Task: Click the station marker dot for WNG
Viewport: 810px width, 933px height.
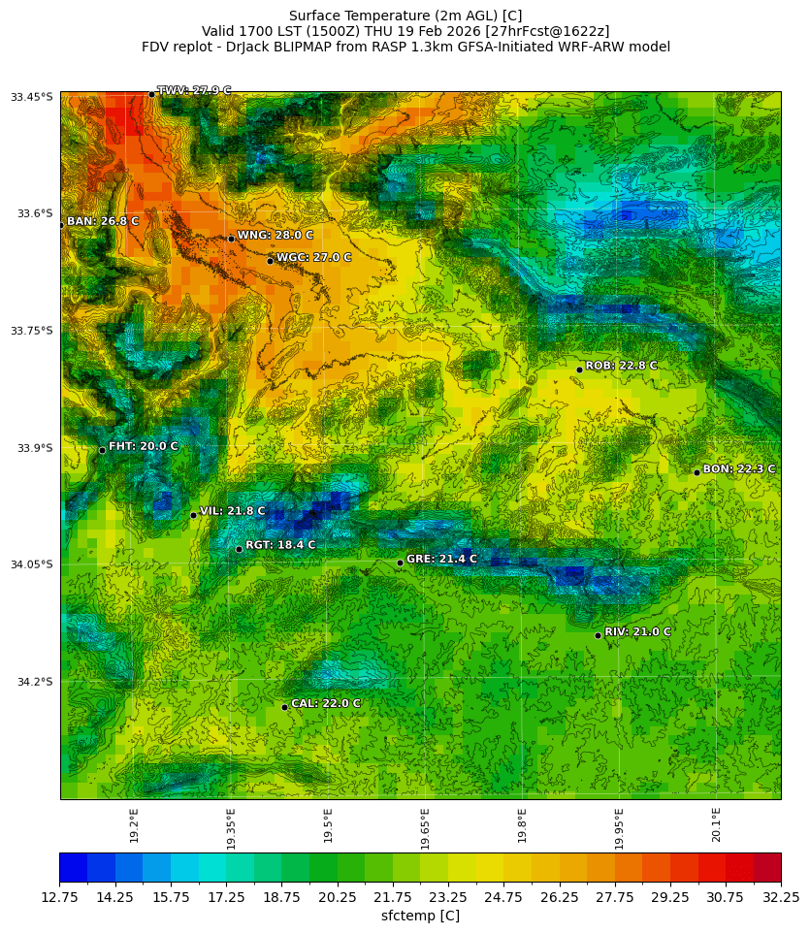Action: (x=231, y=239)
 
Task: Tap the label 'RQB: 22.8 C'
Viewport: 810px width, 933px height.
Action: (x=621, y=366)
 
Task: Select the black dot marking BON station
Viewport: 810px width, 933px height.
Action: (x=697, y=472)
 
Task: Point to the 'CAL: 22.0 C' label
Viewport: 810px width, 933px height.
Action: (x=326, y=703)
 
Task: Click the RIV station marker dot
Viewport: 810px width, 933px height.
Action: (x=598, y=635)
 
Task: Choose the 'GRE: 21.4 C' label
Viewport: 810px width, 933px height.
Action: (x=441, y=559)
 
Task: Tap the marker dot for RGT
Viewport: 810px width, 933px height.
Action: (x=239, y=549)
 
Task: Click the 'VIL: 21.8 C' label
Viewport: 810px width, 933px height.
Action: (x=232, y=511)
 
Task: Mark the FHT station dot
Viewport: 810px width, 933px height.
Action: (x=102, y=450)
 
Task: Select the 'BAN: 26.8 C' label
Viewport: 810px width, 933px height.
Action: (x=102, y=221)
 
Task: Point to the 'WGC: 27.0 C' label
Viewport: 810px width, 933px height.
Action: (x=313, y=258)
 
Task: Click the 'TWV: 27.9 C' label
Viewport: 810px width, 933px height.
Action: (x=194, y=90)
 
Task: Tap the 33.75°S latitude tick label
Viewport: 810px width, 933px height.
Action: (x=32, y=331)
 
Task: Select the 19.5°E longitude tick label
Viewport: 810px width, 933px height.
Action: (x=328, y=827)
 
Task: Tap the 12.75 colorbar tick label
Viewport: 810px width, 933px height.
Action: (x=59, y=897)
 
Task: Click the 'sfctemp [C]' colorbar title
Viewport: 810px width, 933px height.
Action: (x=420, y=916)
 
